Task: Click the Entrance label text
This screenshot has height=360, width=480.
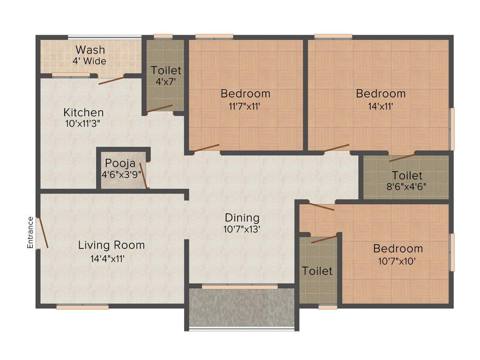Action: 30,232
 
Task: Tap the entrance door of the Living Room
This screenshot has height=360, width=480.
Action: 43,232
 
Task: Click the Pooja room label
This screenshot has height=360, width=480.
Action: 120,164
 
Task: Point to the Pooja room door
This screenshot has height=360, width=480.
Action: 144,176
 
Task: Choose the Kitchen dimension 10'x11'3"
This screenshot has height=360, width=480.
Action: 83,124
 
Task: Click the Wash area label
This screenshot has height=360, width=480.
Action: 90,50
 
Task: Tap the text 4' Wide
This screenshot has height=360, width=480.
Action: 89,61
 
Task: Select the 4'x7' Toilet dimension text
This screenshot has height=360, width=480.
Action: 165,82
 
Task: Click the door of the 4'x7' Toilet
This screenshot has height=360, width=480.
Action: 159,109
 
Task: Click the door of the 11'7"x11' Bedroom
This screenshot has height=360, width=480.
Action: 206,148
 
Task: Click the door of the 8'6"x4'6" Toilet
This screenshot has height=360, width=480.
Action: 402,157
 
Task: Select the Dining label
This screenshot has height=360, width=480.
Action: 242,217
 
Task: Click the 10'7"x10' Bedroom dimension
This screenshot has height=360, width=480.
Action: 397,261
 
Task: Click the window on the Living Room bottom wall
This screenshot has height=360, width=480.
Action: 82,307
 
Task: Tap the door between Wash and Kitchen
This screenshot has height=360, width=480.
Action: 111,80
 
